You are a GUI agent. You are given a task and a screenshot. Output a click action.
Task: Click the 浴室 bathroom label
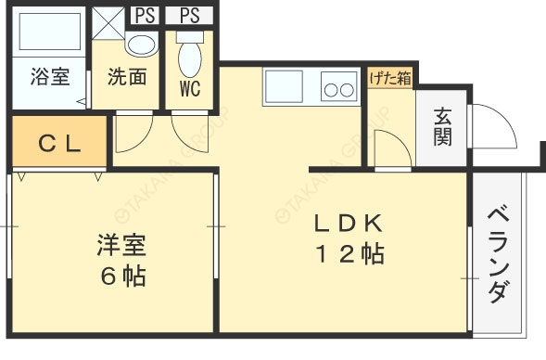click(x=48, y=77)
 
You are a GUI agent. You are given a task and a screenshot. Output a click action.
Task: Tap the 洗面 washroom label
click(x=127, y=77)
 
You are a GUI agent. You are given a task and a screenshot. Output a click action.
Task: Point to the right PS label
click(x=189, y=15)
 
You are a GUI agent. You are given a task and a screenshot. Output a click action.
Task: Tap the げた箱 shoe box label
click(x=389, y=79)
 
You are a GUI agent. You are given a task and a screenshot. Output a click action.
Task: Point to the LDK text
click(x=347, y=224)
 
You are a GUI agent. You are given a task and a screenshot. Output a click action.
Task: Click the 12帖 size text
click(x=348, y=253)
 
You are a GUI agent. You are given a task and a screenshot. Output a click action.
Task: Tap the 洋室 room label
click(x=122, y=246)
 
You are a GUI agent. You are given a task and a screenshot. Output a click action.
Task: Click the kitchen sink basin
click(x=287, y=87)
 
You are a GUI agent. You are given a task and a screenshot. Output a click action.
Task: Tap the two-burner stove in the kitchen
click(x=338, y=89)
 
